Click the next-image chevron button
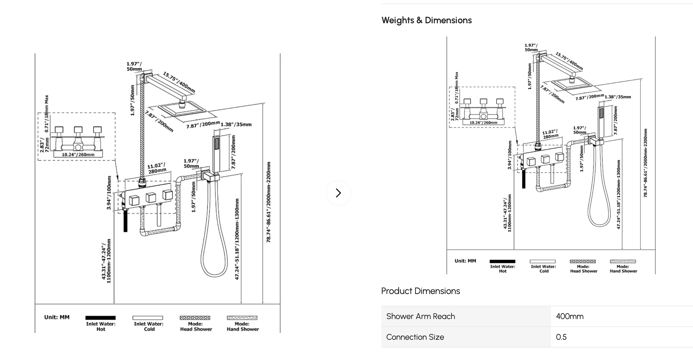[x=338, y=193]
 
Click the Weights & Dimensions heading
[x=426, y=20]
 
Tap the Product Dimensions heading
[x=420, y=291]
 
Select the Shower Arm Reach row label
[x=420, y=316]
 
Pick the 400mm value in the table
[x=570, y=316]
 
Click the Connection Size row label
[x=415, y=337]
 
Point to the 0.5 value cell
[x=561, y=337]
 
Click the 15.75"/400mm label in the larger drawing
[x=179, y=82]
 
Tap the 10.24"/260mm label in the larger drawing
[x=78, y=154]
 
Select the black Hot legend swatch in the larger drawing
[x=100, y=318]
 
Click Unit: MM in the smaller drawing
[x=465, y=261]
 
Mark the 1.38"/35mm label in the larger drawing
[x=236, y=124]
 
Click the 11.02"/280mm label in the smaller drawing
[x=550, y=134]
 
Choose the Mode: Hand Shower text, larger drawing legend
[x=243, y=326]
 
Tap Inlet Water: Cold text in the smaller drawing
[x=543, y=269]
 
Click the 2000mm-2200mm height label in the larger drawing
[x=268, y=202]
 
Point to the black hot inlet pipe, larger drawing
[x=125, y=221]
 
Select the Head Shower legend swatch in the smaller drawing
[x=582, y=261]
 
